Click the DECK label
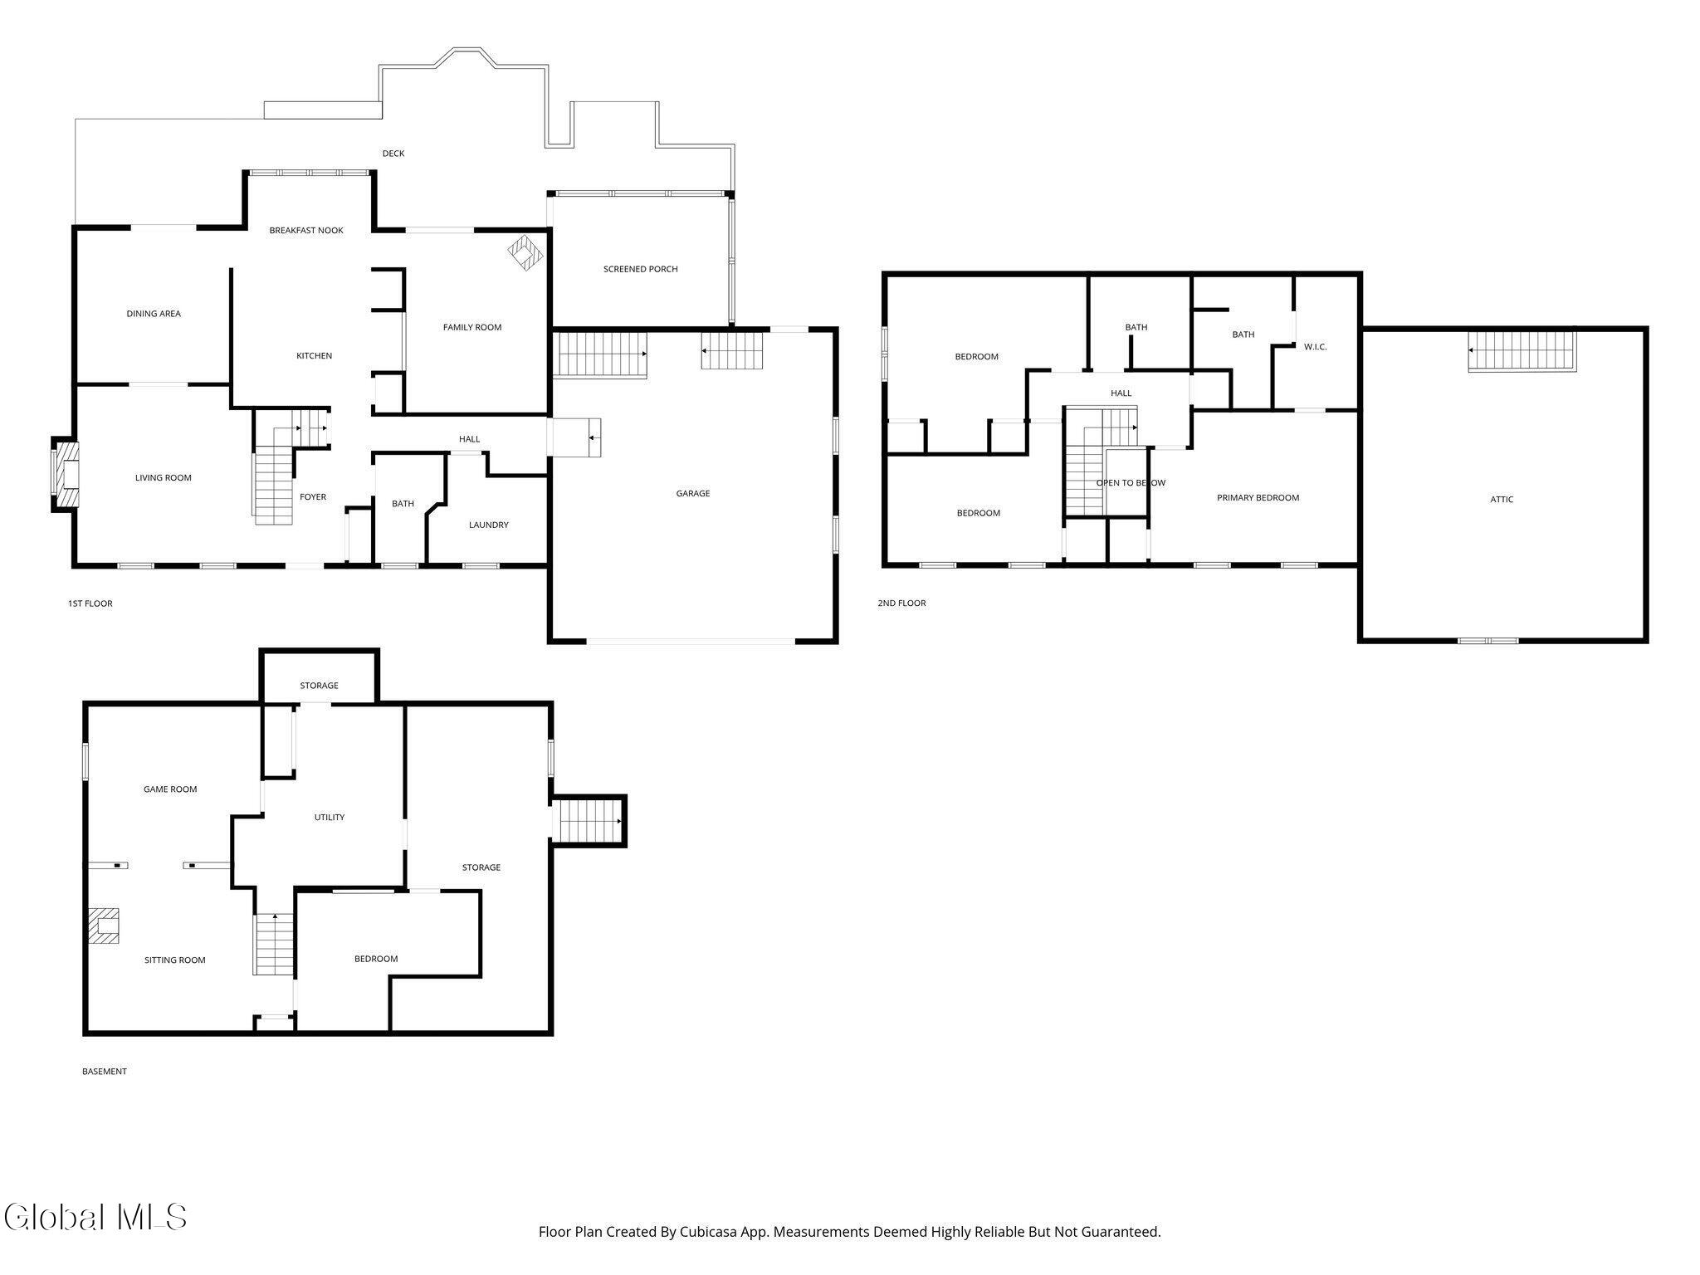[393, 154]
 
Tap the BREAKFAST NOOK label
[306, 231]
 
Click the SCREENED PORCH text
[640, 269]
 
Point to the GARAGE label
[693, 494]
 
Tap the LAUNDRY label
[489, 525]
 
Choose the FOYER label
[313, 497]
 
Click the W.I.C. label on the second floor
[1316, 347]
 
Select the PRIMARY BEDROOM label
[1258, 498]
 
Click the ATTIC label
[1502, 500]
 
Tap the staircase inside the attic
[1522, 350]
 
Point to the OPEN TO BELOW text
[1131, 483]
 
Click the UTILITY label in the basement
[330, 818]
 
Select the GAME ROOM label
[170, 789]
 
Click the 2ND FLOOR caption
[901, 603]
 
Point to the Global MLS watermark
[95, 1217]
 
